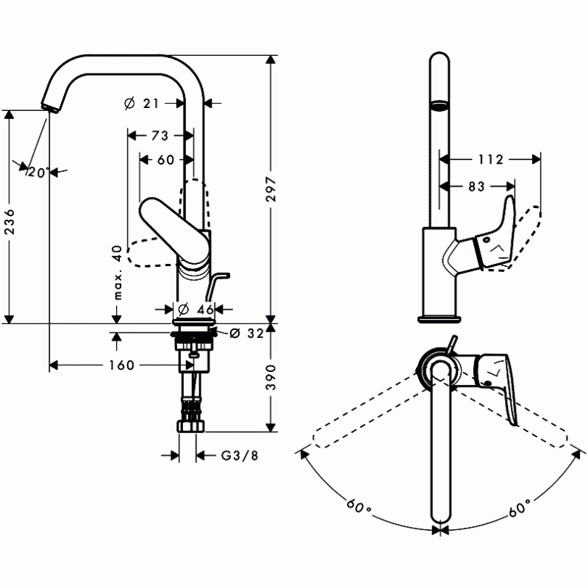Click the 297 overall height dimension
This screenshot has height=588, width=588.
click(x=270, y=189)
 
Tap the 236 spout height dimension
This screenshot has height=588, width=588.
click(x=10, y=222)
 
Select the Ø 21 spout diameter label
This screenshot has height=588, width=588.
click(x=142, y=103)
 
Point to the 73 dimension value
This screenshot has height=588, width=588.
click(x=160, y=135)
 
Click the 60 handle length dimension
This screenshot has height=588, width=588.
click(x=166, y=160)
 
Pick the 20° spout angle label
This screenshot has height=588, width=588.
click(x=39, y=173)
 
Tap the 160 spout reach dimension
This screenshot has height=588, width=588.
click(x=121, y=365)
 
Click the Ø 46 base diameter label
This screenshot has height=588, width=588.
click(x=196, y=309)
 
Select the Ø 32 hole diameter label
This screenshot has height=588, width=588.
click(x=247, y=333)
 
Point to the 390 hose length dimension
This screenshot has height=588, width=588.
click(x=270, y=377)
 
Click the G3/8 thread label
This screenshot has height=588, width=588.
click(x=240, y=456)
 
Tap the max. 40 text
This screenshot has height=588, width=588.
click(x=118, y=273)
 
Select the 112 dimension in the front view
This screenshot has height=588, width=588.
click(x=490, y=159)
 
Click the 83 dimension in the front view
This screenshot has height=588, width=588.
click(x=476, y=187)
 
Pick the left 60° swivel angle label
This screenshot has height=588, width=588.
click(x=358, y=507)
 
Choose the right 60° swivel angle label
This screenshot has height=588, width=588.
click(x=520, y=507)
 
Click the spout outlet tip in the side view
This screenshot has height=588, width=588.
click(x=50, y=107)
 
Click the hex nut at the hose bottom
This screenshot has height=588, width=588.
click(x=191, y=426)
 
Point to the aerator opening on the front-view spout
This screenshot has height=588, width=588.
click(x=439, y=104)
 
